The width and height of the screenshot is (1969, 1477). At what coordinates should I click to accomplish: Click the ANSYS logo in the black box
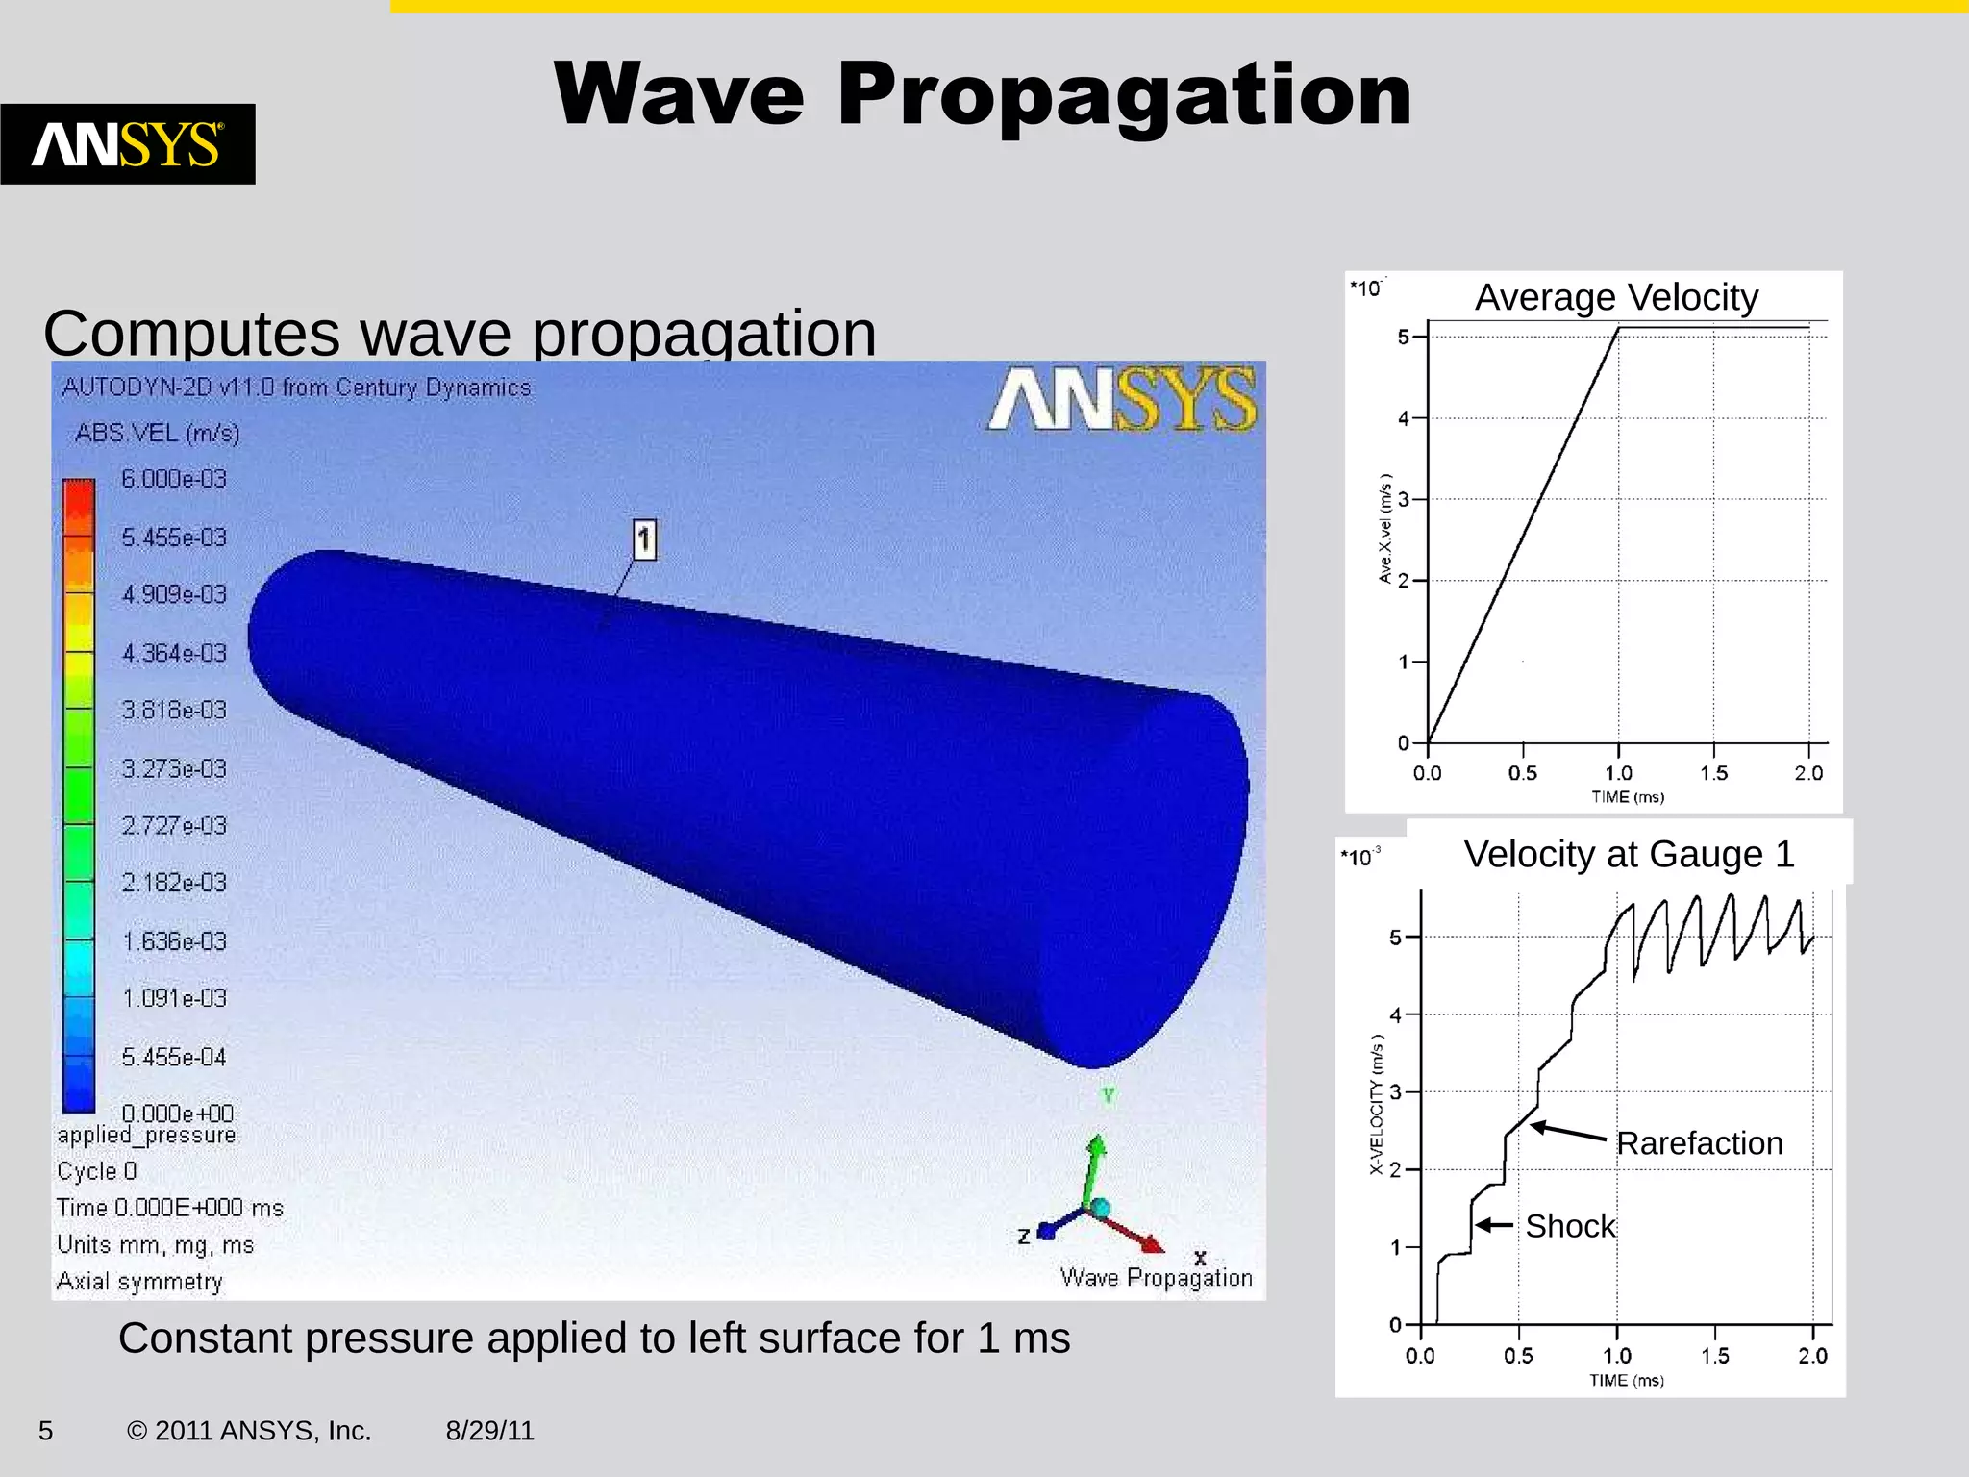(127, 144)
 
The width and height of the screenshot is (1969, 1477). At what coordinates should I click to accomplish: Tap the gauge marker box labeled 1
(644, 539)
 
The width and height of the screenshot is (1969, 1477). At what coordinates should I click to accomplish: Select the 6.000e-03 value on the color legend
(174, 479)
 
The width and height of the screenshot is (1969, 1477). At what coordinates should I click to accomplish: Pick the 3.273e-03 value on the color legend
(174, 769)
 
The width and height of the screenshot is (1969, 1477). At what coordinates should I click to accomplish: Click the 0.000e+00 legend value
(178, 1114)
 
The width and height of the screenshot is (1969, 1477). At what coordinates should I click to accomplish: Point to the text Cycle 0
(96, 1171)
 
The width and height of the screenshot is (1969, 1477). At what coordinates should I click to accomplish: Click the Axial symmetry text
(139, 1282)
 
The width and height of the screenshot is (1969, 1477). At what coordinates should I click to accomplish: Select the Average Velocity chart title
(1616, 297)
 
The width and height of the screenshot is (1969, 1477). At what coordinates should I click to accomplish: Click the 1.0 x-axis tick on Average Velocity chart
(1618, 773)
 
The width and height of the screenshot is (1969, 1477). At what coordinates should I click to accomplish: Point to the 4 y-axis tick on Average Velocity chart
(1404, 418)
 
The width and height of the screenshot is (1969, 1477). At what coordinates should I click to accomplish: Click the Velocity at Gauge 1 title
(1629, 854)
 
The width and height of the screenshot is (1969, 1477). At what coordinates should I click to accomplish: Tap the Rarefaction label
(1699, 1143)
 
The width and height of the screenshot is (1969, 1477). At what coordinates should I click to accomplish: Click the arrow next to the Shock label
(1495, 1225)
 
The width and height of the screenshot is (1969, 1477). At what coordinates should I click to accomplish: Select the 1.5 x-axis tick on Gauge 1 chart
(1714, 1356)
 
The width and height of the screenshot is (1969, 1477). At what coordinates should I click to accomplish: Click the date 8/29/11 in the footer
(489, 1431)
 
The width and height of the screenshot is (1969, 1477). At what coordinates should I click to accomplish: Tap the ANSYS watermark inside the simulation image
(1121, 398)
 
